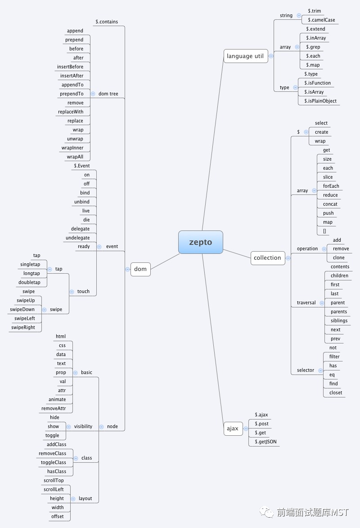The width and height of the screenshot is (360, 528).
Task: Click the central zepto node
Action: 200,242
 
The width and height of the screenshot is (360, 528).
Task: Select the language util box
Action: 245,56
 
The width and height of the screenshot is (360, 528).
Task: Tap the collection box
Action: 267,258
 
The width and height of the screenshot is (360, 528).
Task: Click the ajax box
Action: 233,429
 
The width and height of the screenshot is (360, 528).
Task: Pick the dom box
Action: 140,269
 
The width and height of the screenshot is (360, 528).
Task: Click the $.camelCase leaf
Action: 321,20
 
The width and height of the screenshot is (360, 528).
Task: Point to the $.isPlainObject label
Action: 320,101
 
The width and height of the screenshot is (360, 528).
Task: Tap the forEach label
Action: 331,186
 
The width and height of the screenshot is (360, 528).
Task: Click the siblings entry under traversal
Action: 339,321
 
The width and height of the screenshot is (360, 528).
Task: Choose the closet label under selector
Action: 336,393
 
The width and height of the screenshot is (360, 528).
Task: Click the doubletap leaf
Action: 29,283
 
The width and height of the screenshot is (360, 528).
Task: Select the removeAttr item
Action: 54,409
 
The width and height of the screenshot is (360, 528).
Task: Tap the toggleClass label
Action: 53,463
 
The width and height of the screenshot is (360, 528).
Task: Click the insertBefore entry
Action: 70,67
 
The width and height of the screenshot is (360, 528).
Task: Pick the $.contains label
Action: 107,22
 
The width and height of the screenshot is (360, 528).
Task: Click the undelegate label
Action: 77,238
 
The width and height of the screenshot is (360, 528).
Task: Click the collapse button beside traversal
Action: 322,303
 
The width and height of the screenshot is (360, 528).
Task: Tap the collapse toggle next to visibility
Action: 69,427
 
